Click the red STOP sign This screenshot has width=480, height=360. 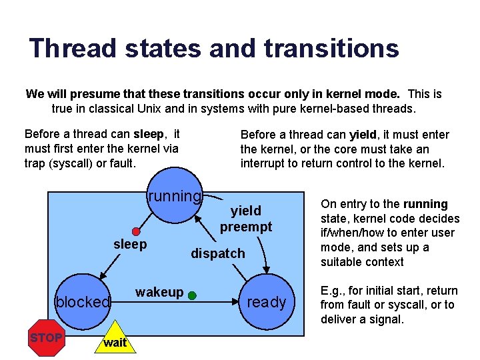(46, 338)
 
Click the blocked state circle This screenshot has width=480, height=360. (83, 302)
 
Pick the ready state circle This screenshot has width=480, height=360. (266, 302)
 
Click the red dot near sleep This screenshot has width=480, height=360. (137, 231)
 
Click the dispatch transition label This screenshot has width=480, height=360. (218, 253)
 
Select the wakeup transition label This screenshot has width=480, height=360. (159, 292)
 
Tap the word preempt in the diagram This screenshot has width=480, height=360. (246, 227)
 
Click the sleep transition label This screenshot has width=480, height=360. (130, 244)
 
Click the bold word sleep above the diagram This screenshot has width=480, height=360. (149, 134)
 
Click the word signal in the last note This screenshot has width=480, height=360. (385, 319)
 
